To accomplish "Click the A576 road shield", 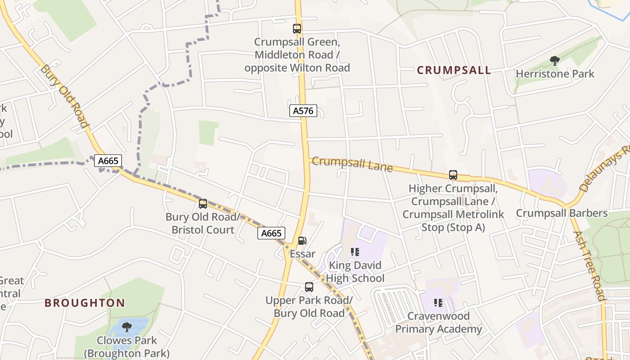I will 303,111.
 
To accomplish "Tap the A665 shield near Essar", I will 272,233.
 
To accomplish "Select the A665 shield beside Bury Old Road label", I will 108,161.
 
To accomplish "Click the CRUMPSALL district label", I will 454,70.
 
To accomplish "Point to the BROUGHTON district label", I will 85,303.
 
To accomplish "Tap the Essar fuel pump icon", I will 302,241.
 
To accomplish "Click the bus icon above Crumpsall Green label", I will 297,29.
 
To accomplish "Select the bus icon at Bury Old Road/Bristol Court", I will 203,204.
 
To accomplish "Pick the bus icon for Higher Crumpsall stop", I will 453,175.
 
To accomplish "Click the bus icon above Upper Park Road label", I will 309,287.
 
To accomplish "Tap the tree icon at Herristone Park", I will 555,60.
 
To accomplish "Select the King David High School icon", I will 355,252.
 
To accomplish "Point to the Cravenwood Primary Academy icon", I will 438,303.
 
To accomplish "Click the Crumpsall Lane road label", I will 352,164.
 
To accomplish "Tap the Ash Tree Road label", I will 590,265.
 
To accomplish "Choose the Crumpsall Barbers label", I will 562,213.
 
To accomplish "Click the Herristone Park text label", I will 555,74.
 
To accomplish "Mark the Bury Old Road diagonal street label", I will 64,96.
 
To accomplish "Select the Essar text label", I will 302,254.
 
